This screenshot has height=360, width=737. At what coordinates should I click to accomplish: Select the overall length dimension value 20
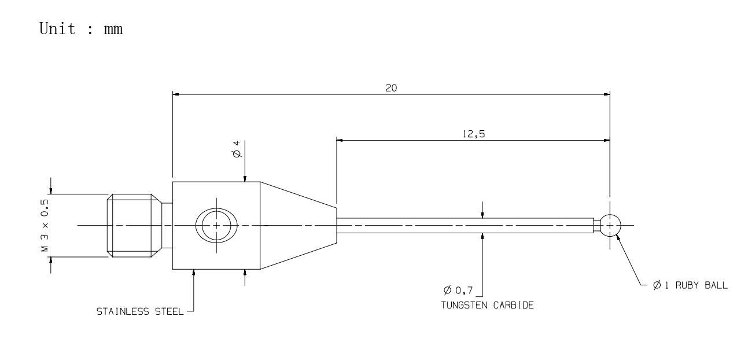390,88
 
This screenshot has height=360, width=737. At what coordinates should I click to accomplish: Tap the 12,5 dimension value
473,134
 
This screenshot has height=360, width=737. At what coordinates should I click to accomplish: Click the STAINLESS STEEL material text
139,312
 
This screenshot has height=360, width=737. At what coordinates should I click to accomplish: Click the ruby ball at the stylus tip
610,226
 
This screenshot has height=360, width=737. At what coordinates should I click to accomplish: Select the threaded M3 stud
132,225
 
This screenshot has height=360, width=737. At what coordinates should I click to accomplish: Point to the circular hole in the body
216,226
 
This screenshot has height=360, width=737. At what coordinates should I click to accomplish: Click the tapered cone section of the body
297,225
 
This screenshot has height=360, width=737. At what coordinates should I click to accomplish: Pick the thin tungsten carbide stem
463,226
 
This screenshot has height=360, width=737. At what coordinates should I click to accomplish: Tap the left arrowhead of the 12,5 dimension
340,140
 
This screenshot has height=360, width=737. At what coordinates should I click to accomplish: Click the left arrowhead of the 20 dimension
176,94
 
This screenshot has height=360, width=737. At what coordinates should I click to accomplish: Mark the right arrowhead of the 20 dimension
607,94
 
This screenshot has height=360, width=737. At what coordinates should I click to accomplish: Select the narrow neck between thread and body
167,225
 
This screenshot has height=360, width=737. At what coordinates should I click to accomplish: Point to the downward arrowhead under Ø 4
245,179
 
